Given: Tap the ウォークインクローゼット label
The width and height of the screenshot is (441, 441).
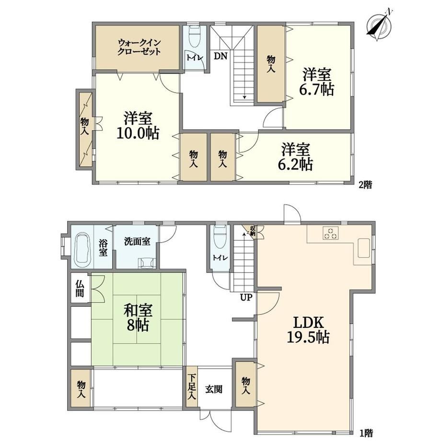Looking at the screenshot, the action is [139, 47].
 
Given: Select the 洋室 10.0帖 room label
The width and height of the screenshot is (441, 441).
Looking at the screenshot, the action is [138, 126].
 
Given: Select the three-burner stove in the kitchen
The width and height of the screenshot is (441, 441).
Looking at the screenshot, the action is [331, 233].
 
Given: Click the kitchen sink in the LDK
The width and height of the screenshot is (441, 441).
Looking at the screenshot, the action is [364, 248].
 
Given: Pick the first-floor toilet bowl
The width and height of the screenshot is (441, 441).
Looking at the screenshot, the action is [220, 237].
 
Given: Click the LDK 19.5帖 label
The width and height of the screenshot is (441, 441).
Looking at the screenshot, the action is [308, 329].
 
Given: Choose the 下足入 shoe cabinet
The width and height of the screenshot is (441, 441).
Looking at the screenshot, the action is [192, 387].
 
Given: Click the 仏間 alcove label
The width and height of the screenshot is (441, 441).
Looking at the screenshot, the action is [80, 289].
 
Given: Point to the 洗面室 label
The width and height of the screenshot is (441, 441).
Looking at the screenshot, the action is [137, 241].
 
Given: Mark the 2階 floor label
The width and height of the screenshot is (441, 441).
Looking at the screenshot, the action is [365, 185].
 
